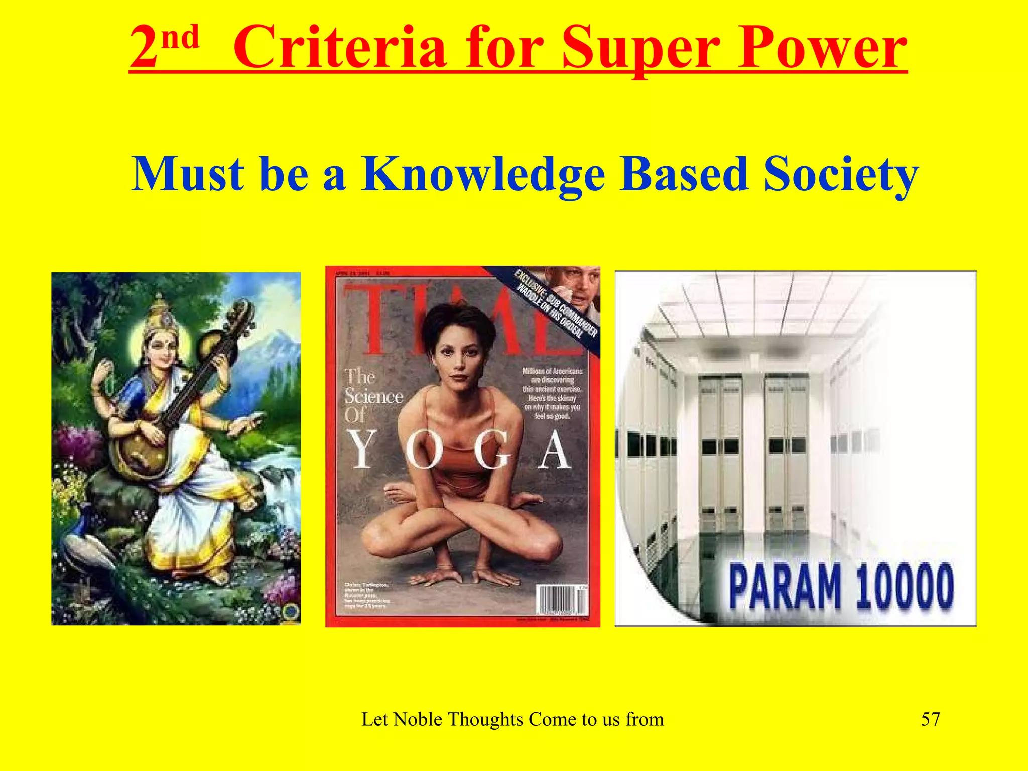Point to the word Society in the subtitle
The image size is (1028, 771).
click(841, 174)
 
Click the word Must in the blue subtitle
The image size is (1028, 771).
click(188, 174)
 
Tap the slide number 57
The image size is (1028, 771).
click(930, 719)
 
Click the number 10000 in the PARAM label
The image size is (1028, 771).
click(904, 586)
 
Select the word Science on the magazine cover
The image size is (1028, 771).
click(373, 397)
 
